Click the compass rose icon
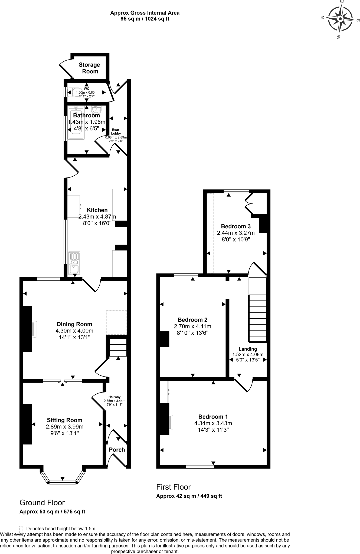(340, 19)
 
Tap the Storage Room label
(89, 68)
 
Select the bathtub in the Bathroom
(77, 123)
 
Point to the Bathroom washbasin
(96, 110)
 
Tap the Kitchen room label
(97, 210)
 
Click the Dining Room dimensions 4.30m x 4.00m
(74, 331)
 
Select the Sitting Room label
(64, 420)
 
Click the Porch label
(117, 450)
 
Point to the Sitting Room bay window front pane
(63, 482)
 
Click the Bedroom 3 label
(236, 226)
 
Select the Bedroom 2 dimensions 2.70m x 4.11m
(192, 327)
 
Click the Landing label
(248, 349)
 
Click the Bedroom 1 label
(213, 417)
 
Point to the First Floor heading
(174, 487)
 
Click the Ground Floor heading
(42, 503)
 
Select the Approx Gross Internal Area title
(145, 13)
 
